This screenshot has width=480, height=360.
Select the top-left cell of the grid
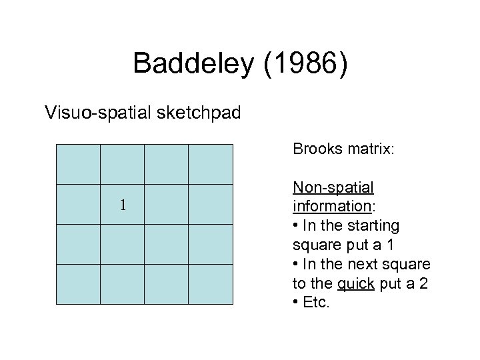coord(78,164)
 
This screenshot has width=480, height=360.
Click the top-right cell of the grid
coord(211,164)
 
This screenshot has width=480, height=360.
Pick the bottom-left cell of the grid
coord(78,284)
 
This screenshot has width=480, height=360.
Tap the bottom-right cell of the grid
coord(211,284)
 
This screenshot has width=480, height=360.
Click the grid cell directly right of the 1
coord(167,204)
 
